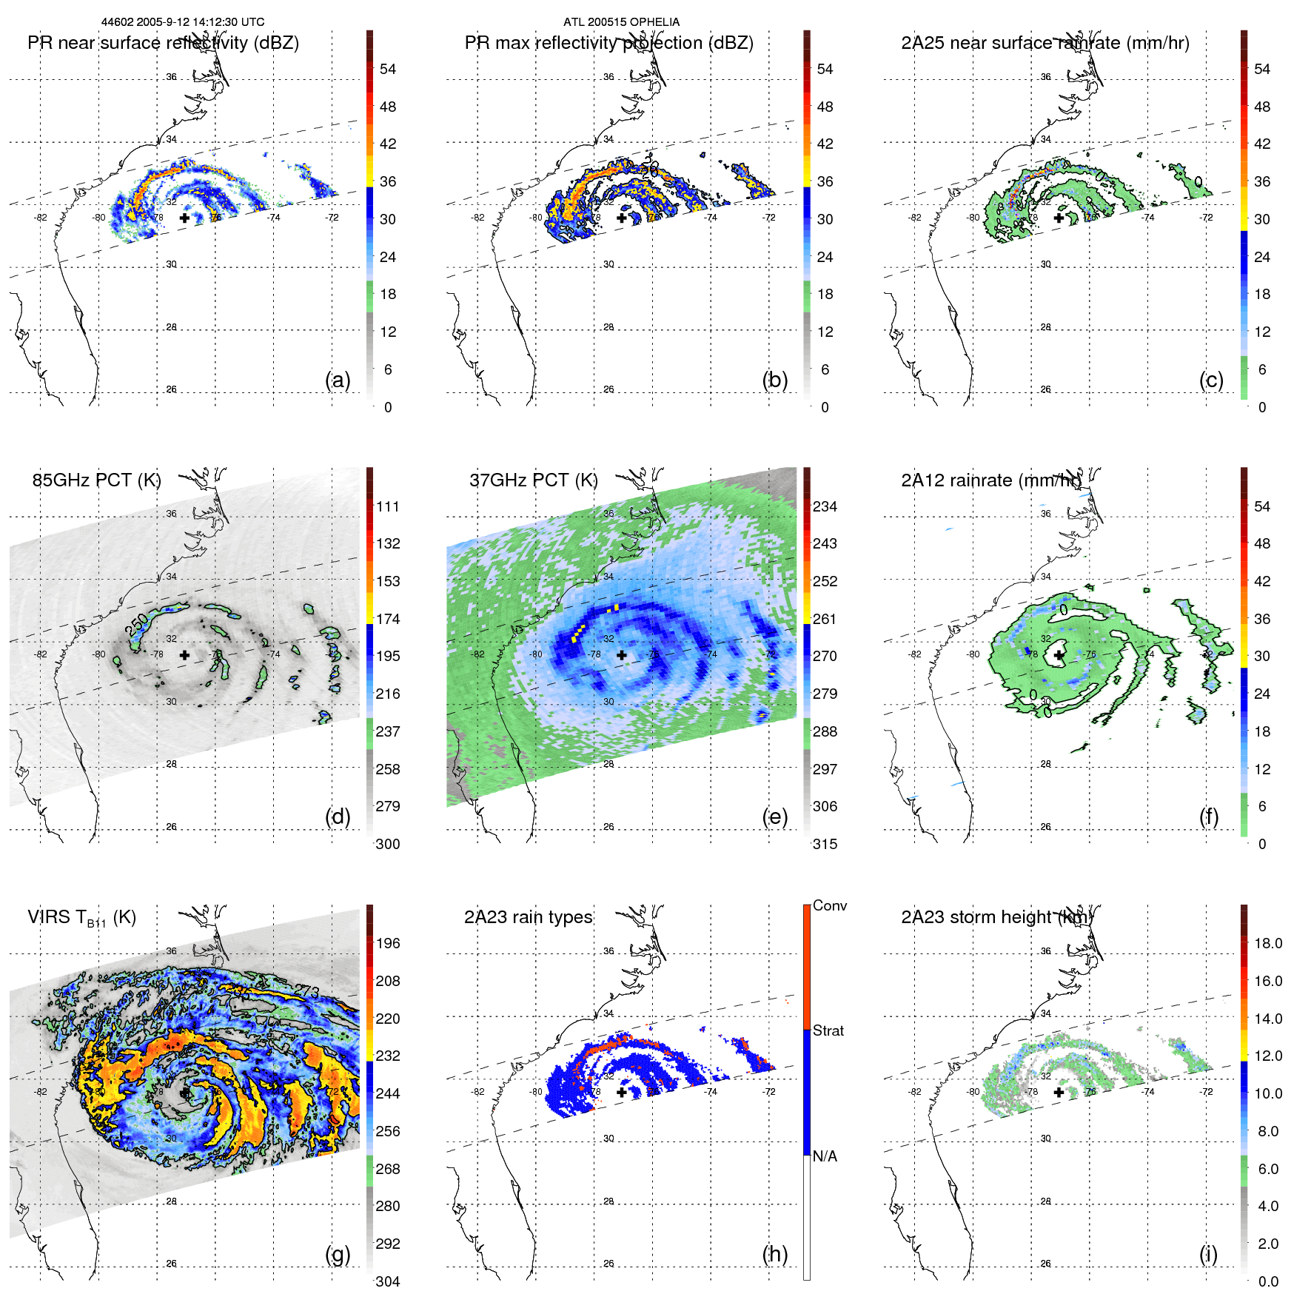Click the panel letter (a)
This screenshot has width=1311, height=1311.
coord(338,380)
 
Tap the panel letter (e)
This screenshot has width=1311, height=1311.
coord(774,817)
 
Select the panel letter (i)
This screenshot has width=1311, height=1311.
coord(1208,1254)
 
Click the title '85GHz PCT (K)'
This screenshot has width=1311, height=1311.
coord(96,480)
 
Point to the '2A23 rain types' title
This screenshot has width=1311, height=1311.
coord(528,917)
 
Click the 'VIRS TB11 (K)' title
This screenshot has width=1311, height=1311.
coord(81,918)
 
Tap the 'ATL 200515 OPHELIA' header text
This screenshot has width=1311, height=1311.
coord(621,22)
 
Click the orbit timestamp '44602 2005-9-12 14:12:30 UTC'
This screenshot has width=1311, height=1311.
coord(183,22)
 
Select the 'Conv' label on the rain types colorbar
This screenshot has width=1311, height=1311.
coord(829,905)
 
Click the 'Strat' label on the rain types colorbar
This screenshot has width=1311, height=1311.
coord(828,1030)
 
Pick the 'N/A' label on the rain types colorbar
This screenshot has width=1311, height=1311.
coord(825,1156)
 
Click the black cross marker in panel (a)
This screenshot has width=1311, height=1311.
coord(184,218)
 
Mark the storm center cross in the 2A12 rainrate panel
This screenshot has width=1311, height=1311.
coord(1059,655)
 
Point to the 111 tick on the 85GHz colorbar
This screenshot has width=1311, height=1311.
coord(388,506)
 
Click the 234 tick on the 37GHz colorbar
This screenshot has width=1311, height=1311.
coord(825,506)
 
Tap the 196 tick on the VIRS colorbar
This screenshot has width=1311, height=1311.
coord(388,943)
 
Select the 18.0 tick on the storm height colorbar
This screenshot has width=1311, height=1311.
coord(1267,943)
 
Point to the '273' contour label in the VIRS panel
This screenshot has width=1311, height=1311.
coord(306,990)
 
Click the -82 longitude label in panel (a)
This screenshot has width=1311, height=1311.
coord(40,218)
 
